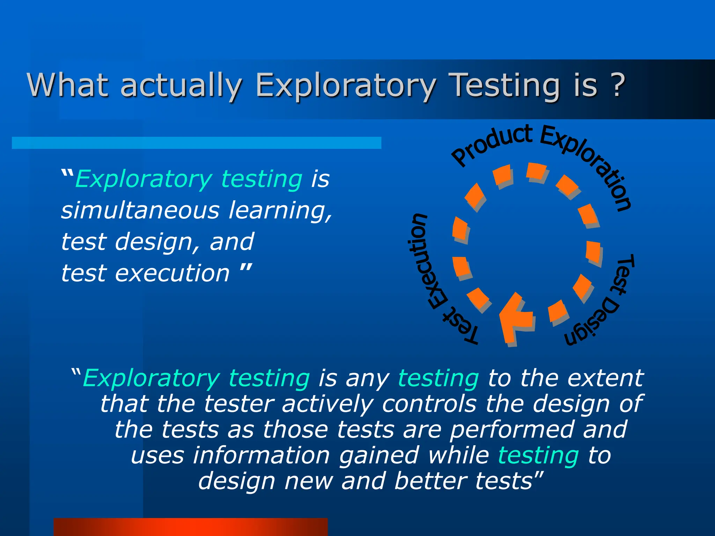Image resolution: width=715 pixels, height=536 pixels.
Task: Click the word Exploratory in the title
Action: tap(346, 85)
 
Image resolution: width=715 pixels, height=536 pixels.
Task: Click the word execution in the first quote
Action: tap(172, 273)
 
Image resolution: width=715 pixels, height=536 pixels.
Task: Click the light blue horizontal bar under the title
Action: tap(196, 143)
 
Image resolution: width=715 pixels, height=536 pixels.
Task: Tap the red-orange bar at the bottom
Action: tap(190, 527)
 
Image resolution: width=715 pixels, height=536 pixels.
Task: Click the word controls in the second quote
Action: tap(429, 404)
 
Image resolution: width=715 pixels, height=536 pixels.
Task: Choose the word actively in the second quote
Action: tap(327, 404)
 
